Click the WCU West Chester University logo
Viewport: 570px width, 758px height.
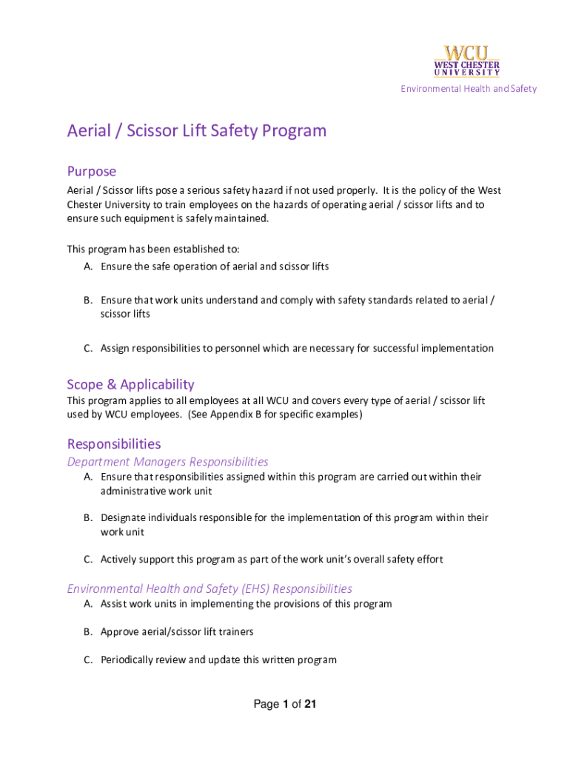(466, 61)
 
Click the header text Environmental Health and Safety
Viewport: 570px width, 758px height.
(469, 89)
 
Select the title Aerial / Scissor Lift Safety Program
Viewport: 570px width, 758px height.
(196, 131)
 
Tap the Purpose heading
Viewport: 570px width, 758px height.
(92, 171)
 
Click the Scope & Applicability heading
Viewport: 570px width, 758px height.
(130, 384)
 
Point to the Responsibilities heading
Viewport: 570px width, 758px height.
(113, 444)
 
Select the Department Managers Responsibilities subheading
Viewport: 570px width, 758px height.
(167, 462)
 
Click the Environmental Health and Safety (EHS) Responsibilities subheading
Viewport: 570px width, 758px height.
(209, 588)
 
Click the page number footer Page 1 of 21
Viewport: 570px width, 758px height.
(285, 705)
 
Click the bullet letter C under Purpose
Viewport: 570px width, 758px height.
(87, 349)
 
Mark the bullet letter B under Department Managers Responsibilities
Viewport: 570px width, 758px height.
(87, 518)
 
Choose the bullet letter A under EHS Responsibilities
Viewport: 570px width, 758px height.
(87, 604)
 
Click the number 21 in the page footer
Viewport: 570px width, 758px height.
(310, 705)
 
